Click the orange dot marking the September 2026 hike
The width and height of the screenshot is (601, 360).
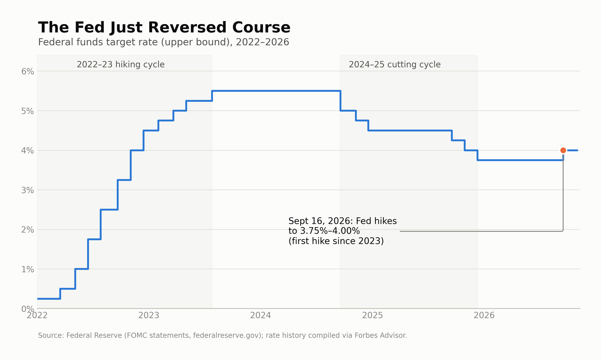(563, 150)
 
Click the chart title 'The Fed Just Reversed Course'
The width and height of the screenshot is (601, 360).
(164, 27)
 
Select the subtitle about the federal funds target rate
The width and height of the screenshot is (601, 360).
(163, 42)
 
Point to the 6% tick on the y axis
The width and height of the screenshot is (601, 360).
(27, 72)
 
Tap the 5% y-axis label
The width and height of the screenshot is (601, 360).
(27, 111)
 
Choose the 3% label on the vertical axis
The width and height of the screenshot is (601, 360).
(27, 190)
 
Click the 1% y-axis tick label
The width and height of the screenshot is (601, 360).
(27, 269)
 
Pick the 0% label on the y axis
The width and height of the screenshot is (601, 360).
(27, 309)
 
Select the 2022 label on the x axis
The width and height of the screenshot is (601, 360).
(37, 315)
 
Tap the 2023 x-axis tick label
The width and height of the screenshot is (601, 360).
(149, 315)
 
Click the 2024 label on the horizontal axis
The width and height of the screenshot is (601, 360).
(261, 315)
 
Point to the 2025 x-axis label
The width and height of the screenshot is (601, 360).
(372, 315)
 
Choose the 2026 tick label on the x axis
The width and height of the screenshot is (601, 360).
(484, 315)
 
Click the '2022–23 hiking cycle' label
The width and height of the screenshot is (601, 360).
(121, 65)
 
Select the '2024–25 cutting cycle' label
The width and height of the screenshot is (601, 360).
(395, 65)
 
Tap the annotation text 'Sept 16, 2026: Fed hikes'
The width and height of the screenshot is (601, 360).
(343, 221)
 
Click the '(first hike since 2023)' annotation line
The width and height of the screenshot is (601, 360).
(336, 241)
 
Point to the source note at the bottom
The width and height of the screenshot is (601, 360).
(222, 335)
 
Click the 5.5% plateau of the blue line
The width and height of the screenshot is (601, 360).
(276, 91)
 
